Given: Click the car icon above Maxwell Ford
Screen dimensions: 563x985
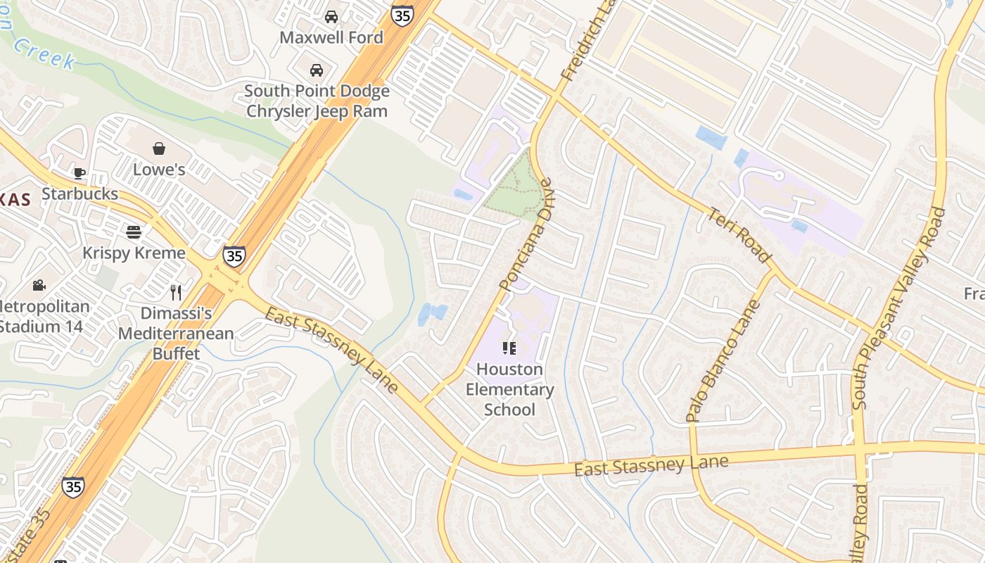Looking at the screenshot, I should click(331, 17).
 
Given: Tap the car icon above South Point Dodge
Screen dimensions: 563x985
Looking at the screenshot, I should click(317, 70).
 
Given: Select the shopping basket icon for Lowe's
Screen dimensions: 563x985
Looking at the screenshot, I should click(159, 148).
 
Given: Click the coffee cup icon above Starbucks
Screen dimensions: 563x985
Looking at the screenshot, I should click(80, 173).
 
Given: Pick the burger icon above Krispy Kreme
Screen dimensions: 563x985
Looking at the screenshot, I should click(134, 232).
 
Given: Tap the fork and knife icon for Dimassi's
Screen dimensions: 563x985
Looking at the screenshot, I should click(176, 292).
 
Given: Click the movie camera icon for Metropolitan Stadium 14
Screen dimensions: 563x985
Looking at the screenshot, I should click(39, 285).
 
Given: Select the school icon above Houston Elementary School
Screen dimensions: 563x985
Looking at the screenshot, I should click(509, 348).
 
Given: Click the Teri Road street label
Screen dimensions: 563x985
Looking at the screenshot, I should click(739, 235).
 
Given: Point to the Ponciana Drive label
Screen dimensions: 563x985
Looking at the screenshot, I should click(526, 235).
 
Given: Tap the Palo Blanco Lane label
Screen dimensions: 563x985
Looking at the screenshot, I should click(724, 360).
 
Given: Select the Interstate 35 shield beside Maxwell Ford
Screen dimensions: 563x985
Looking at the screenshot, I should click(402, 15).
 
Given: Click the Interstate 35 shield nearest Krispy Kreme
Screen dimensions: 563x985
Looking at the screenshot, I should click(234, 255).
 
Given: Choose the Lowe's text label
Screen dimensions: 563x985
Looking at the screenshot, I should click(159, 170).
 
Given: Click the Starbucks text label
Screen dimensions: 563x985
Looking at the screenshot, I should click(80, 194).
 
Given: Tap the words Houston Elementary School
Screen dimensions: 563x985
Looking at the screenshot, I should click(510, 389).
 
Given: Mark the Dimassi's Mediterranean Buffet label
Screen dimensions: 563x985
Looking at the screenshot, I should click(176, 333).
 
